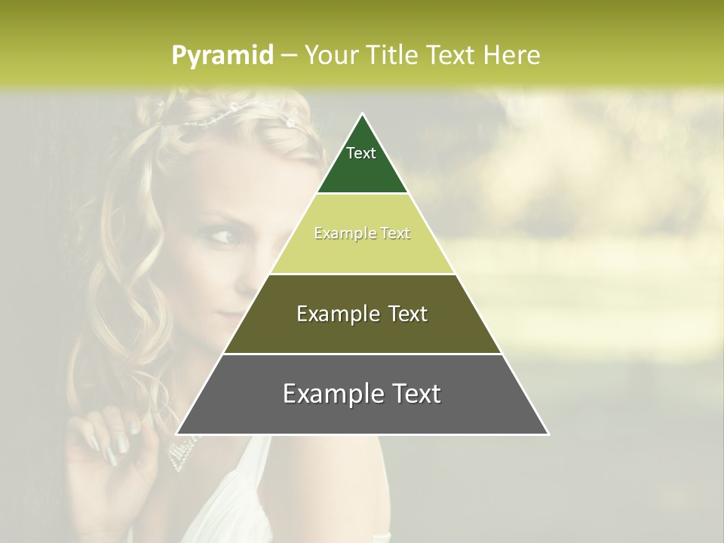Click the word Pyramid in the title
(222, 56)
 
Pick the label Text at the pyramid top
(361, 153)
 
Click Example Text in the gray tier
(362, 394)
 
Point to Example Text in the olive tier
(362, 314)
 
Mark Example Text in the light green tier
(362, 234)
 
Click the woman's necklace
(181, 452)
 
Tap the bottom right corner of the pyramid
(548, 434)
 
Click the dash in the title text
(289, 56)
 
